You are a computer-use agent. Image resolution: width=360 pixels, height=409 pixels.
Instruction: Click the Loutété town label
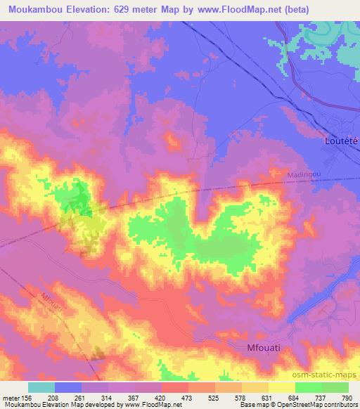pyautogui.click(x=341, y=141)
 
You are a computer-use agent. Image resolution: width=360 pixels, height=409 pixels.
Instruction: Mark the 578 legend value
pyautogui.click(x=240, y=397)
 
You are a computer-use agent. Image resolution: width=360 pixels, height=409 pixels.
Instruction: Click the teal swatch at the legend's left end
pyautogui.click(x=41, y=387)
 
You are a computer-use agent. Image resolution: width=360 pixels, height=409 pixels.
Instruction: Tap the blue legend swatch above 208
pyautogui.click(x=68, y=387)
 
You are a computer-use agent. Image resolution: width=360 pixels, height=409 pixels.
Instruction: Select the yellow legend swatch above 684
pyautogui.click(x=281, y=387)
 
